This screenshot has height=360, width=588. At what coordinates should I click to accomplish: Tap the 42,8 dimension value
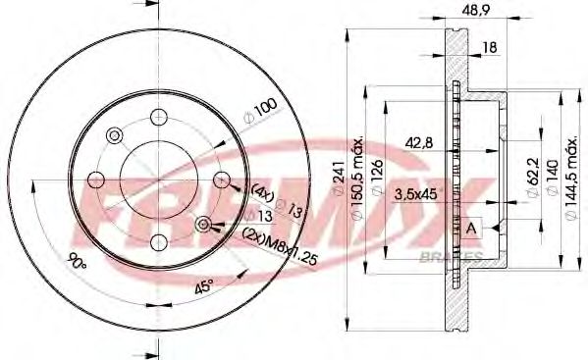coord(420,144)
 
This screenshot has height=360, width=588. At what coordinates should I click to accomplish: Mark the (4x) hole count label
coord(261,189)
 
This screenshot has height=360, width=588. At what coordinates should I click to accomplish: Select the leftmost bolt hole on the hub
coord(96,180)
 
